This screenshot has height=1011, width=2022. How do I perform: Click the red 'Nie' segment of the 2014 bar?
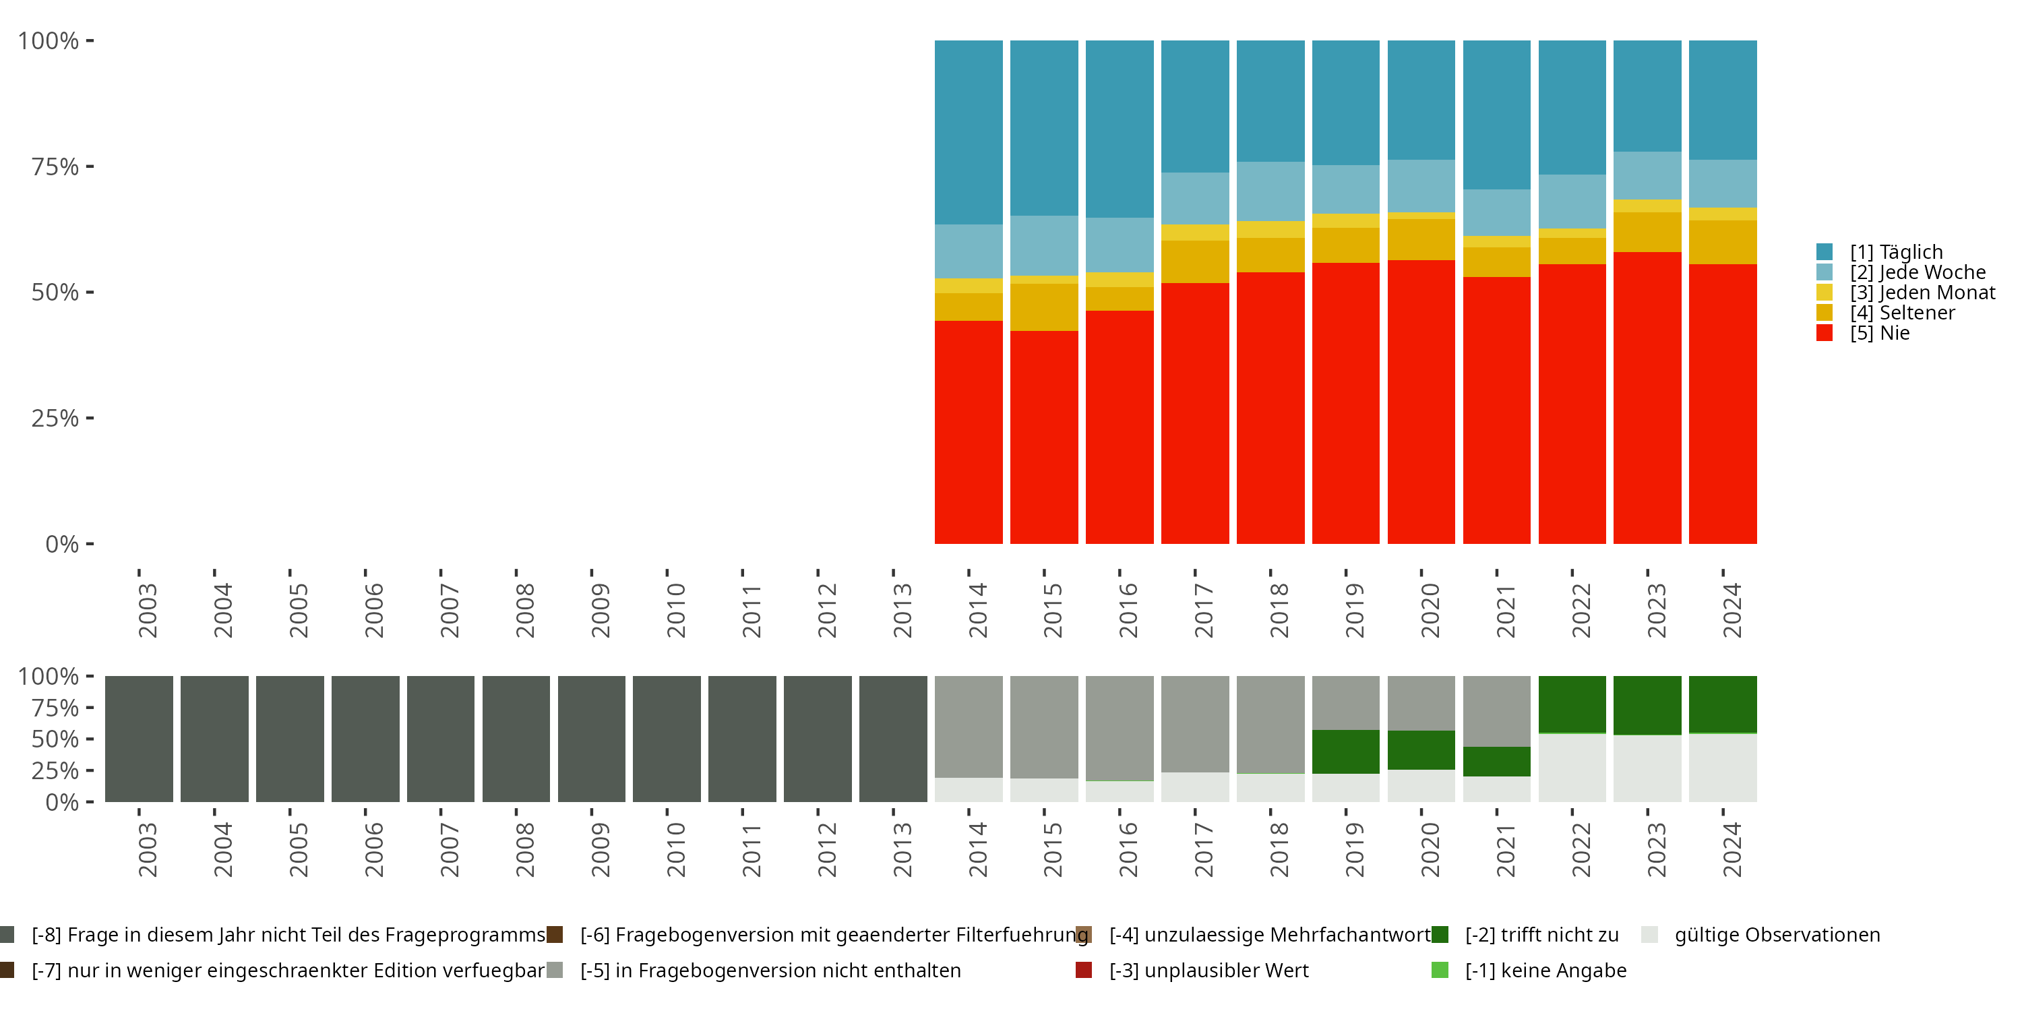pyautogui.click(x=968, y=432)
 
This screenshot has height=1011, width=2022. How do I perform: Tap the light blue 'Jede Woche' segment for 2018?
pyautogui.click(x=1270, y=191)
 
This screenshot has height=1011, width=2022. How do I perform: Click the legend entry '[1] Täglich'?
pyautogui.click(x=1895, y=252)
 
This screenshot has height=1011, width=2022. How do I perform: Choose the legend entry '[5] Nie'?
pyautogui.click(x=1879, y=333)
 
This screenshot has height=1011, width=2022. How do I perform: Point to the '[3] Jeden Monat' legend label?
pyautogui.click(x=1922, y=293)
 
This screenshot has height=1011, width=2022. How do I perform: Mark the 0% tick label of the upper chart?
pyautogui.click(x=62, y=544)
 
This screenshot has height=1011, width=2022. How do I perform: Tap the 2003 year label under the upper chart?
pyautogui.click(x=148, y=610)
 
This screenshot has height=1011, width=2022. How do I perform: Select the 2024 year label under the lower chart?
pyautogui.click(x=1732, y=849)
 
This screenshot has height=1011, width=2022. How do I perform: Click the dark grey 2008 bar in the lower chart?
pyautogui.click(x=516, y=739)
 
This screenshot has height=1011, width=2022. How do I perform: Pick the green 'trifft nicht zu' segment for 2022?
pyautogui.click(x=1572, y=704)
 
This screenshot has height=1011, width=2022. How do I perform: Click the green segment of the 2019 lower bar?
pyautogui.click(x=1345, y=752)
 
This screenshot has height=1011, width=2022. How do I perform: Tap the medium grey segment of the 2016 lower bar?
pyautogui.click(x=1120, y=728)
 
